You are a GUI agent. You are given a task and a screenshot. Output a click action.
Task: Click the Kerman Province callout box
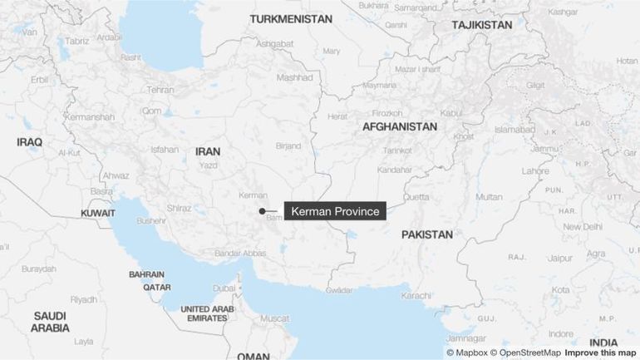pyautogui.click(x=335, y=211)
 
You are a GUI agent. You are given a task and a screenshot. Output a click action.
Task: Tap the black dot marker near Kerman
pyautogui.click(x=262, y=211)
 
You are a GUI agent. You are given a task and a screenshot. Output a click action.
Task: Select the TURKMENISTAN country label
pyautogui.click(x=290, y=18)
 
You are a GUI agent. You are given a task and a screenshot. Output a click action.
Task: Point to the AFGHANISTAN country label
pyautogui.click(x=399, y=126)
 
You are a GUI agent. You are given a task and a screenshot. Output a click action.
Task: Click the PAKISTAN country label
pyautogui.click(x=427, y=234)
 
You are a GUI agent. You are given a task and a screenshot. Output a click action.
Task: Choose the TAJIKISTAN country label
pyautogui.click(x=482, y=25)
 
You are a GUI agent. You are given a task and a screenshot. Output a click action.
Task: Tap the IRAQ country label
pyautogui.click(x=29, y=142)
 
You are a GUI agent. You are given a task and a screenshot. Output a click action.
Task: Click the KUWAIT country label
pyautogui.click(x=98, y=214)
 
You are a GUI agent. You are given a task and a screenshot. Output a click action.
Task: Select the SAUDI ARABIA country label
pyautogui.click(x=51, y=322)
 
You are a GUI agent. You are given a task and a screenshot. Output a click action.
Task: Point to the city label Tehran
pyautogui.click(x=160, y=90)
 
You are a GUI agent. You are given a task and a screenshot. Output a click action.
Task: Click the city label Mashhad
pyautogui.click(x=294, y=77)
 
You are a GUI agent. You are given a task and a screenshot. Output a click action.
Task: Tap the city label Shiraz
pyautogui.click(x=179, y=208)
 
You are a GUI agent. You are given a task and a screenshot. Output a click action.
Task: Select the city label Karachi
pyautogui.click(x=416, y=295)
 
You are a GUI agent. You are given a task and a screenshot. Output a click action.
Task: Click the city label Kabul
pyautogui.click(x=451, y=112)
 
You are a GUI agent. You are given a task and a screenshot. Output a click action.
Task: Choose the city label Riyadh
pyautogui.click(x=84, y=298)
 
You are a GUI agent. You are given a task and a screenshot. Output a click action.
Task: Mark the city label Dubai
pyautogui.click(x=224, y=288)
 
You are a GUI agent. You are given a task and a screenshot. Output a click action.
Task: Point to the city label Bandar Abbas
pyautogui.click(x=240, y=253)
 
